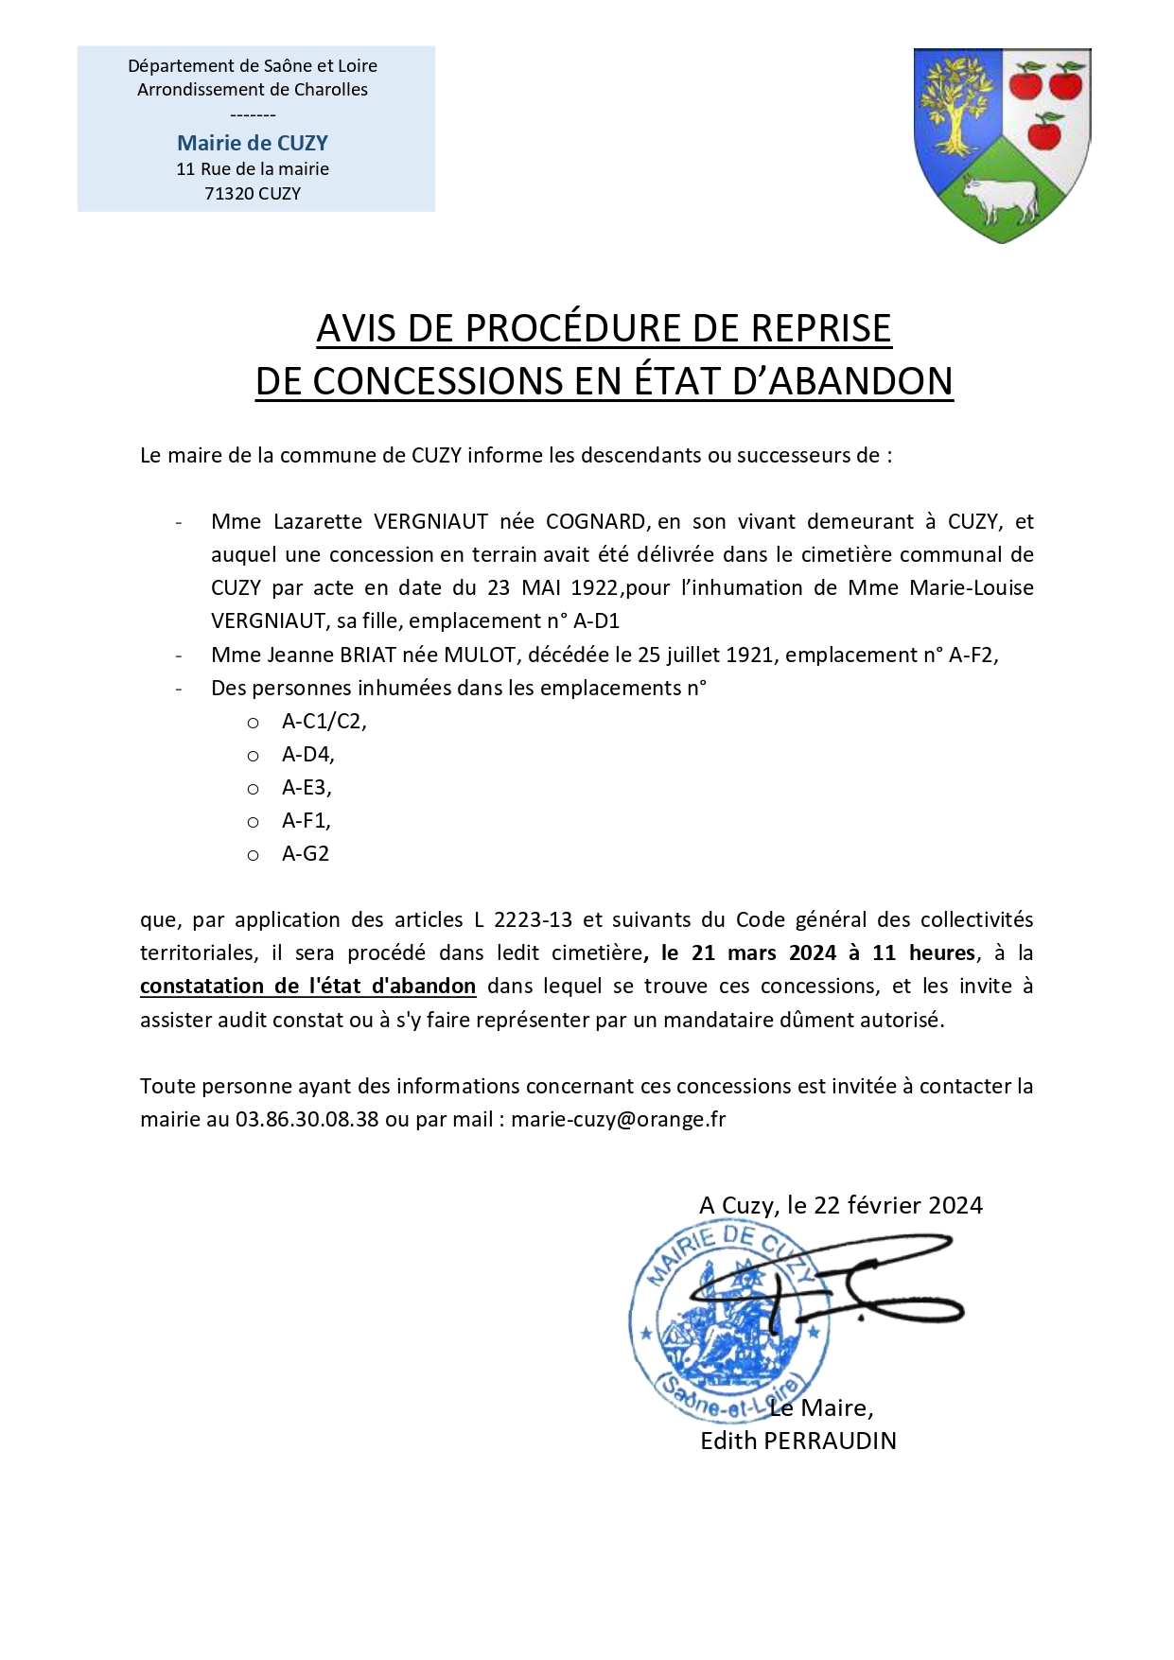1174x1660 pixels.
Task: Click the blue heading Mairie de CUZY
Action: (253, 143)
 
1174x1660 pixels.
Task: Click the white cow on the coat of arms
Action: (999, 196)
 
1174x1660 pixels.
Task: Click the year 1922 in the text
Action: (594, 587)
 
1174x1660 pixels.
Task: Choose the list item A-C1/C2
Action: (324, 721)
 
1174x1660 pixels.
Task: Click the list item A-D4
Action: (307, 754)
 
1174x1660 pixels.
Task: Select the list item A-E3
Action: (307, 787)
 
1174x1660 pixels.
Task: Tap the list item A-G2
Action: (306, 853)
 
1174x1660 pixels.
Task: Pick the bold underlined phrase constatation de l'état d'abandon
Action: (307, 986)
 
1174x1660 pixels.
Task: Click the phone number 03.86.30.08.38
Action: (307, 1119)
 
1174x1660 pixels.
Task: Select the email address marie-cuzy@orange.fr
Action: (618, 1119)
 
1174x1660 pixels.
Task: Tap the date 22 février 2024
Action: (898, 1205)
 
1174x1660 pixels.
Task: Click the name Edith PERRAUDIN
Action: (797, 1441)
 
